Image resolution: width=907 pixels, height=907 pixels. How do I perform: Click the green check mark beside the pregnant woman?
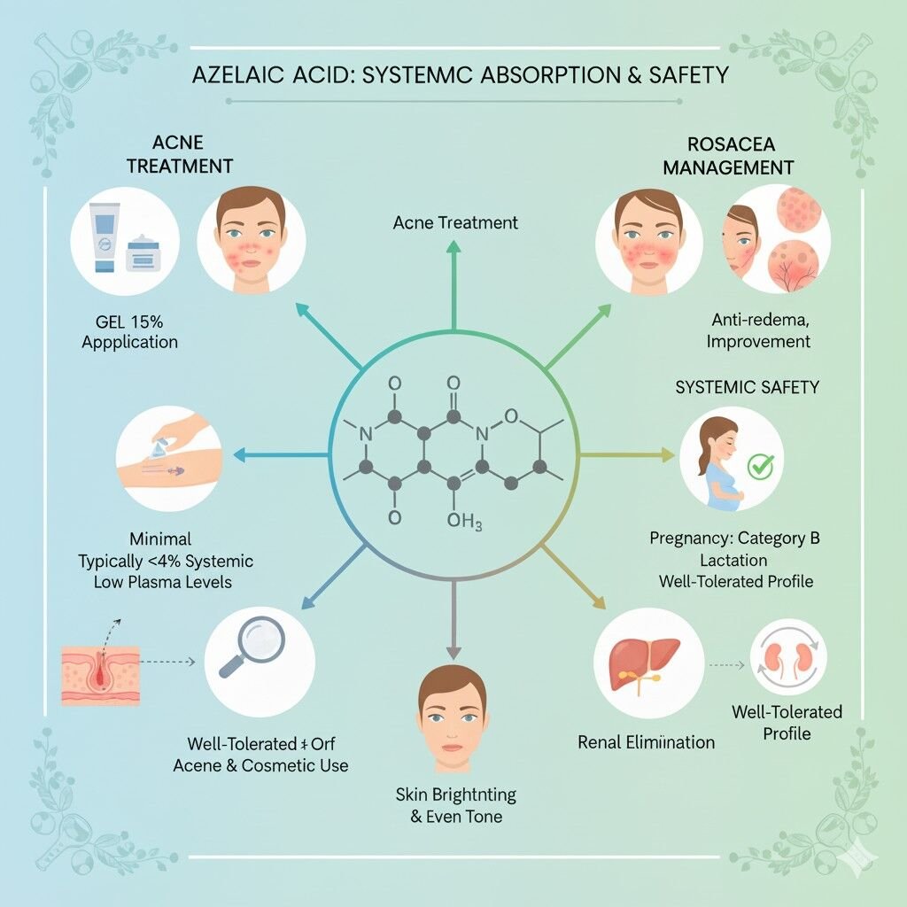click(x=761, y=466)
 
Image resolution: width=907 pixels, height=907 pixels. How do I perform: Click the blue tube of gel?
click(x=105, y=236)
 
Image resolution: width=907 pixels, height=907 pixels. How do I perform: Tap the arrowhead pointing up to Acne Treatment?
click(x=454, y=248)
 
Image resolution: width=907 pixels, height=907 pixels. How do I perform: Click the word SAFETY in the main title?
click(x=688, y=75)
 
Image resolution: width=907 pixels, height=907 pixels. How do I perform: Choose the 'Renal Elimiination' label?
click(x=646, y=742)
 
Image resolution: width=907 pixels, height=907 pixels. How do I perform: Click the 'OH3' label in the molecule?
click(x=464, y=523)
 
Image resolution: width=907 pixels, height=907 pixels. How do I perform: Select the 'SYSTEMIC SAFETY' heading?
click(x=748, y=387)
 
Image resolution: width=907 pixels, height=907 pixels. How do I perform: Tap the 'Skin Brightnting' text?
click(x=456, y=795)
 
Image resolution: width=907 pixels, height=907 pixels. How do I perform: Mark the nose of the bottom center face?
click(x=453, y=730)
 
